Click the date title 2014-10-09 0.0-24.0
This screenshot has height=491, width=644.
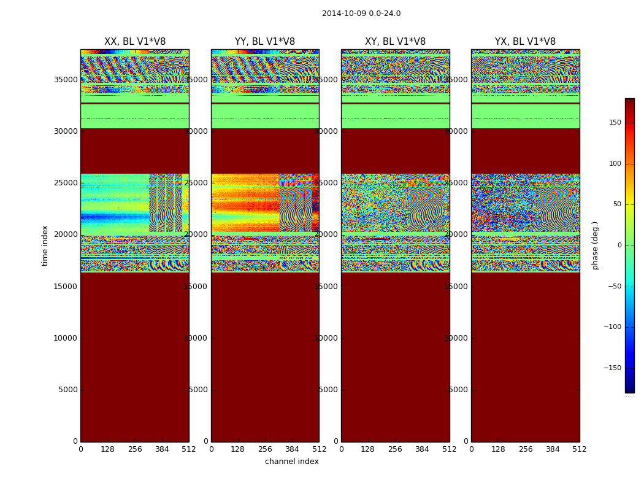(361, 14)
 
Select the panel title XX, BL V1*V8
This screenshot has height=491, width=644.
(135, 42)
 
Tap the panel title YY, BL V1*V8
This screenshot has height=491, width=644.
(265, 42)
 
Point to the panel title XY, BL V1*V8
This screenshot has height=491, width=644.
(395, 42)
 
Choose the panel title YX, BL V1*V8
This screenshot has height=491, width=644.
(525, 42)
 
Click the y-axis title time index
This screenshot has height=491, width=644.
(45, 245)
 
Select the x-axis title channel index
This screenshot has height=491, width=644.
(292, 462)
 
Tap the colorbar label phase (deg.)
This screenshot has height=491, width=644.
(595, 245)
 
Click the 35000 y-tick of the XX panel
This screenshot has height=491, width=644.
(65, 80)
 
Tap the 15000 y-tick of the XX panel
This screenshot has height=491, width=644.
(65, 287)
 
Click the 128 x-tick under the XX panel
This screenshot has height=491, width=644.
(108, 449)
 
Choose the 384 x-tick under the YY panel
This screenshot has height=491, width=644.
(292, 449)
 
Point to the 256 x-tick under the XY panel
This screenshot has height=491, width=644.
(395, 449)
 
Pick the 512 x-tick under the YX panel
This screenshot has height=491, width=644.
(580, 449)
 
